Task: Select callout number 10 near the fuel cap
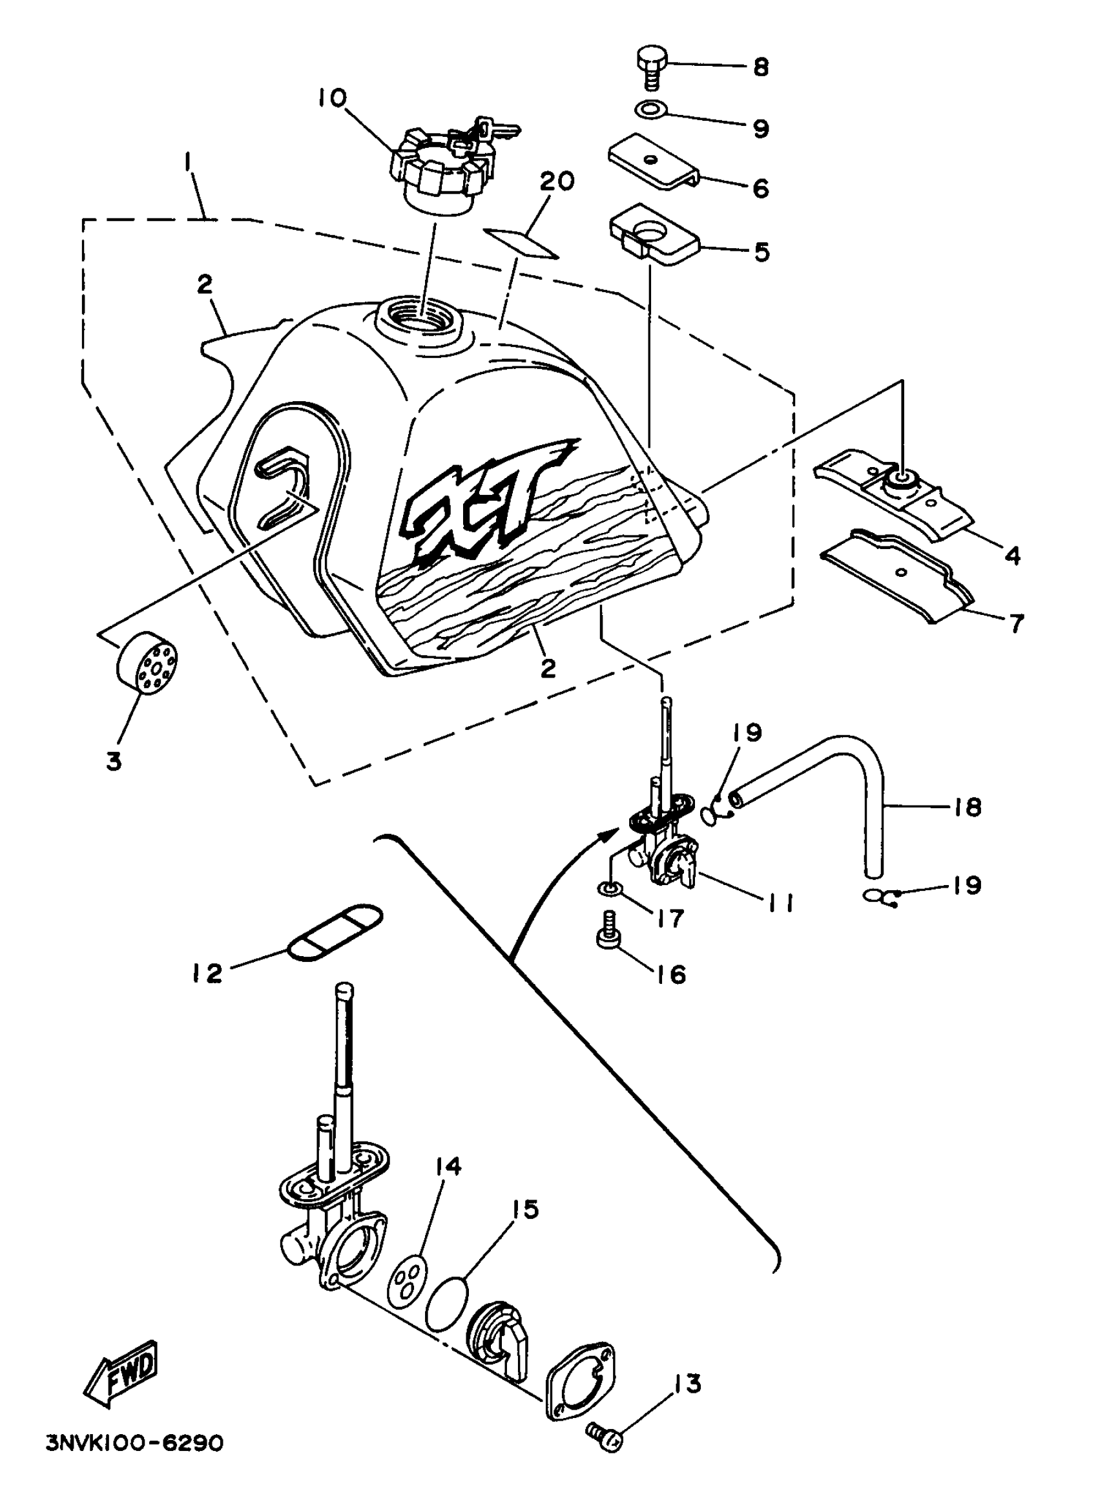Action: (x=332, y=98)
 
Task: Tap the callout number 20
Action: (x=557, y=182)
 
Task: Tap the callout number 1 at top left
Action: (x=189, y=162)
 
